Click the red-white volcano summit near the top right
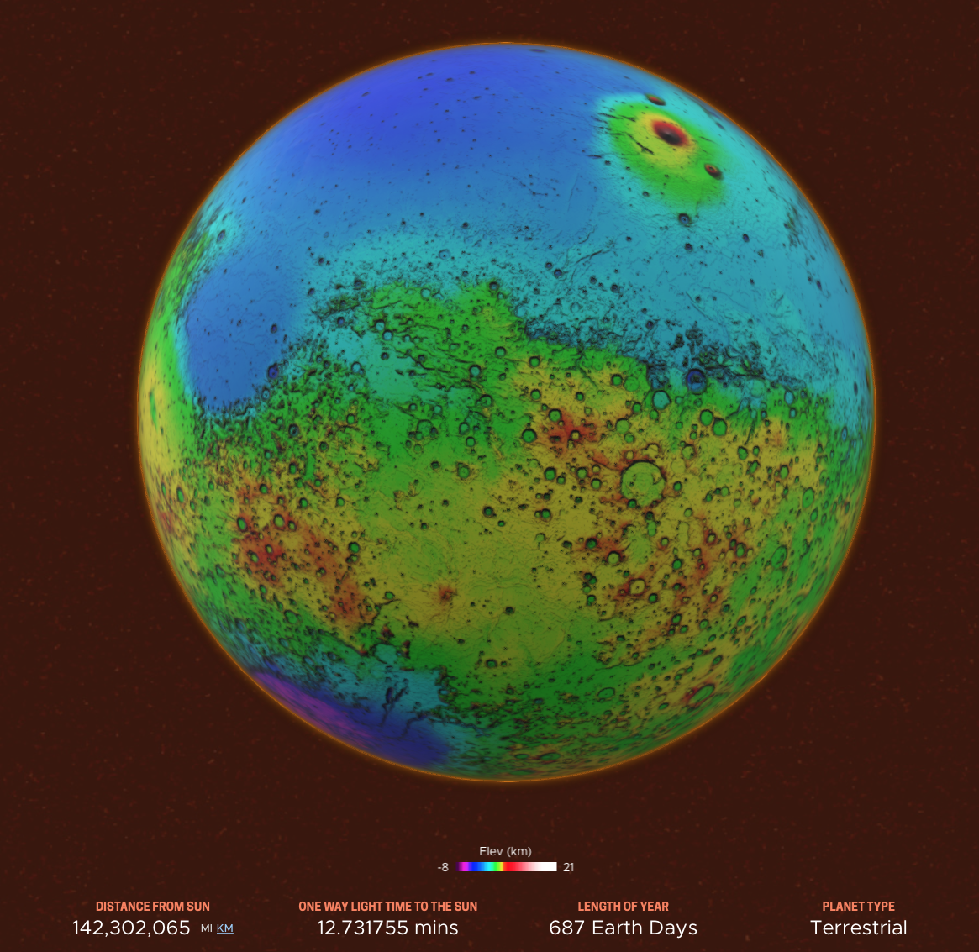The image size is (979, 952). [x=670, y=132]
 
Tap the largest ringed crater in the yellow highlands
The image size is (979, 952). [x=643, y=481]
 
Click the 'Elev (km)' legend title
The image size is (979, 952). [x=505, y=851]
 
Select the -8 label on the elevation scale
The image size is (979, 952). [x=443, y=867]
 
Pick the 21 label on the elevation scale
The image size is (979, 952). [x=569, y=867]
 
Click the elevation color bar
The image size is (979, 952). [x=508, y=867]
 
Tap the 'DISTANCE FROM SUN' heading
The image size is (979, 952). [x=153, y=907]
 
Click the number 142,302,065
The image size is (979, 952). [x=131, y=928]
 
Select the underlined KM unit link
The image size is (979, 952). [x=225, y=928]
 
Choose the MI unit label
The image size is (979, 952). [x=207, y=928]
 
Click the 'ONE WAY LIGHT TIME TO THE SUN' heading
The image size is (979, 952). [x=387, y=907]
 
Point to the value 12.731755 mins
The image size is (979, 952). [x=387, y=928]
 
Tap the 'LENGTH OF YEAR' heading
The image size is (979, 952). [x=623, y=907]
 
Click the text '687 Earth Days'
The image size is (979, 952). [x=623, y=928]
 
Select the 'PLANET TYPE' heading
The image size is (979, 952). [x=858, y=907]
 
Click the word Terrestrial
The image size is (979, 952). [x=858, y=928]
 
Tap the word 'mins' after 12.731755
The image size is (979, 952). [x=434, y=928]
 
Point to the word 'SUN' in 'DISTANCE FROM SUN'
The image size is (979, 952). [x=199, y=907]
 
